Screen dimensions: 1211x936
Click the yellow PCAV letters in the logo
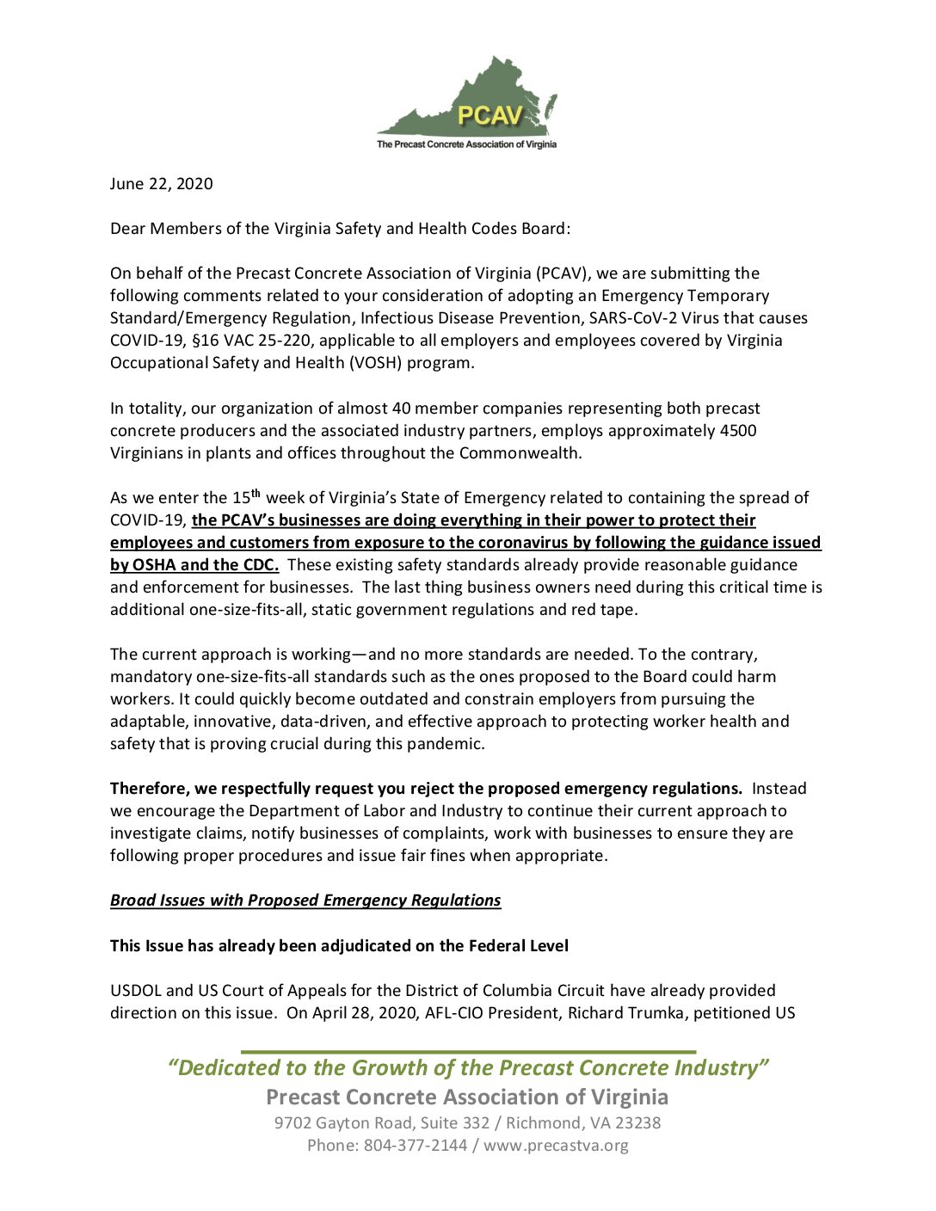490,115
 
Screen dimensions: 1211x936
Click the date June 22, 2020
161,184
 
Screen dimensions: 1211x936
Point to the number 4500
738,430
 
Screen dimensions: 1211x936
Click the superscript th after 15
256,494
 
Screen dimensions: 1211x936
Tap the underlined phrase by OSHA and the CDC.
194,565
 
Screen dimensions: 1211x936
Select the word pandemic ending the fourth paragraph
448,744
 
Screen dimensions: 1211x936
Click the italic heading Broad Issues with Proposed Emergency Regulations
305,901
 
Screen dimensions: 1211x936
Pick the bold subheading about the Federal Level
339,946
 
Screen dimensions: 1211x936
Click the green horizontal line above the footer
468,1052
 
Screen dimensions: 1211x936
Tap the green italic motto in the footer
468,1068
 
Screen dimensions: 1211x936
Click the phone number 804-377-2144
416,1146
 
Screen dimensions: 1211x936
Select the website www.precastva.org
556,1146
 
